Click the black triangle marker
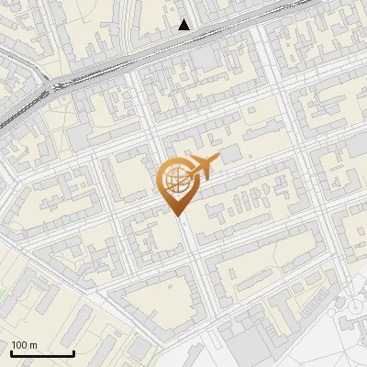(x=184, y=25)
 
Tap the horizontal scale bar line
(x=42, y=353)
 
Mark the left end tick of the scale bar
(x=11, y=351)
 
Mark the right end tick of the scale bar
(x=73, y=351)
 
